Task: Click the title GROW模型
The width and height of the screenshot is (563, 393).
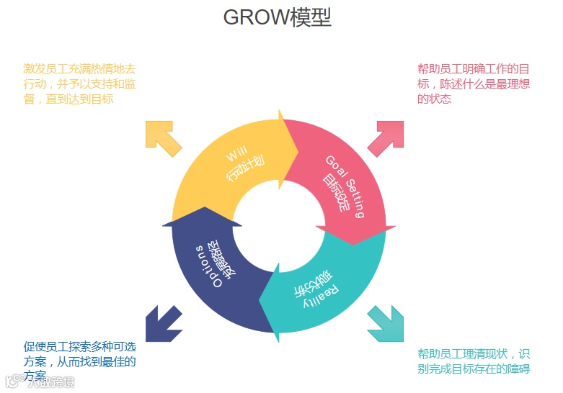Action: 278,17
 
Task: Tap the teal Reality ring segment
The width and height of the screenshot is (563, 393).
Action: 328,288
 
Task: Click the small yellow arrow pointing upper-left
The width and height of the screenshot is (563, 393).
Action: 162,137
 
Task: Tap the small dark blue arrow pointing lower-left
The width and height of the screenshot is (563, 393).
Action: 162,324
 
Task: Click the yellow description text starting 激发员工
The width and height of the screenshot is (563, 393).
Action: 79,83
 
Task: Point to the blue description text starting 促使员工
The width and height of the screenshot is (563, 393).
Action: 79,361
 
